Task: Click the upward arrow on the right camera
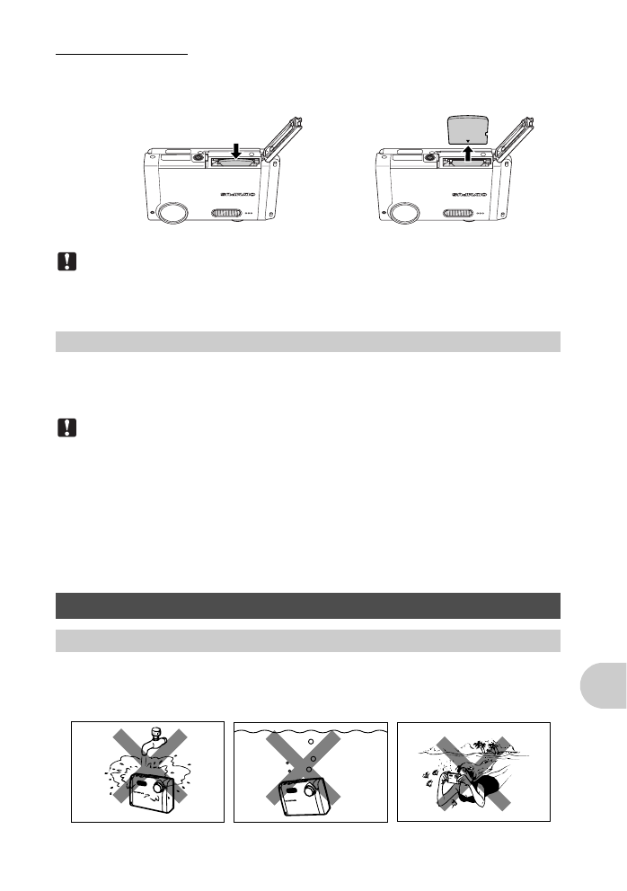pyautogui.click(x=469, y=151)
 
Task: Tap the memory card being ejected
pyautogui.click(x=467, y=128)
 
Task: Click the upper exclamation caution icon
pyautogui.click(x=66, y=262)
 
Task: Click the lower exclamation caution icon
pyautogui.click(x=66, y=429)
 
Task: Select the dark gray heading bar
pyautogui.click(x=307, y=605)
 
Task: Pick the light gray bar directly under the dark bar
pyautogui.click(x=307, y=640)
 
